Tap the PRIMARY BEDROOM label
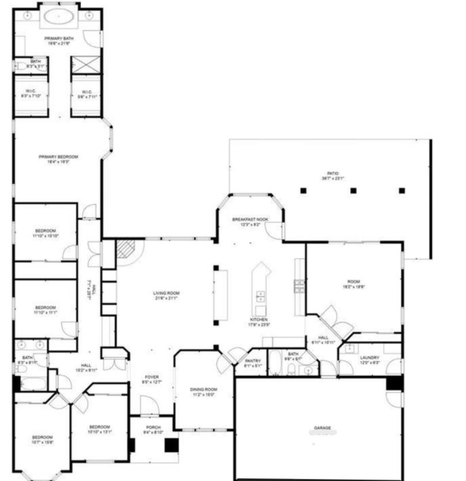[58, 157]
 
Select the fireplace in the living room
[125, 249]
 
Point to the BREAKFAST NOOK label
[250, 219]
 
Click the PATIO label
[333, 173]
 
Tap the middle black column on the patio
[353, 190]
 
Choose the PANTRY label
[253, 361]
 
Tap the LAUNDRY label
[369, 358]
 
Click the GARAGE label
[322, 428]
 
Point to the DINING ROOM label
[203, 390]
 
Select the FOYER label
[152, 377]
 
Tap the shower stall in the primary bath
[86, 65]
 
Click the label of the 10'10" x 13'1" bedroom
[99, 427]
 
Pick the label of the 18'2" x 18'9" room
[354, 281]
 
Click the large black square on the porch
[171, 445]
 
